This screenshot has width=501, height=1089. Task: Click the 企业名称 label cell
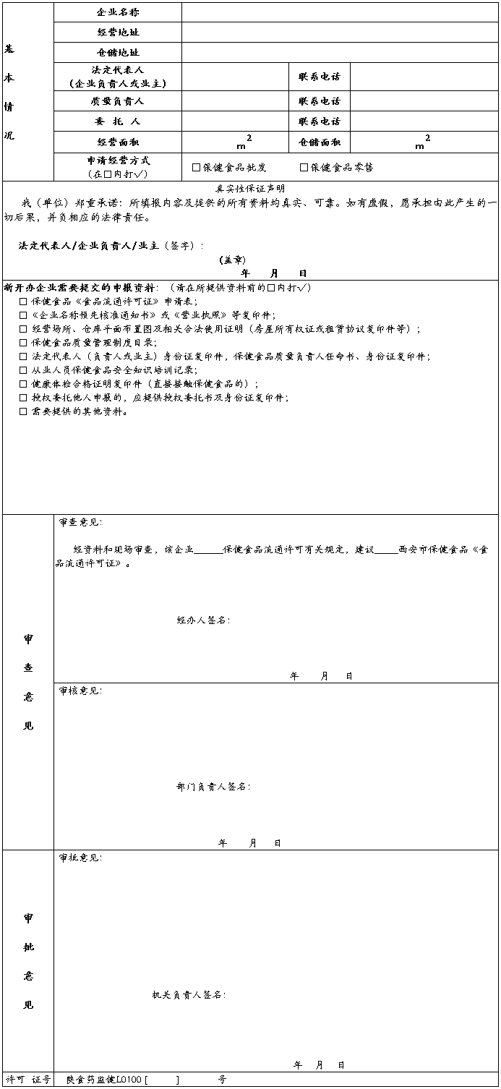[x=118, y=12]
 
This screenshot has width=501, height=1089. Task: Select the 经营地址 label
[x=118, y=33]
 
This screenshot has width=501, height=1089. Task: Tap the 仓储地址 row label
[x=118, y=53]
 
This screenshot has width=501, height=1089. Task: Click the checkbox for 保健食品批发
[x=196, y=167]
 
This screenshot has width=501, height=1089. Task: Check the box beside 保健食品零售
[x=304, y=167]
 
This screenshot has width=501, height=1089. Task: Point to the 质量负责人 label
[x=118, y=101]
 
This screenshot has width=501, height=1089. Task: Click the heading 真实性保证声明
[x=250, y=188]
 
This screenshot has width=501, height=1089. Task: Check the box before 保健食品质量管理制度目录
[x=23, y=343]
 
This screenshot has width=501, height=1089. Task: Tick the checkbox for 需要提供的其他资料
[x=23, y=411]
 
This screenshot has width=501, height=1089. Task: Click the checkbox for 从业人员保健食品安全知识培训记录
[x=23, y=370]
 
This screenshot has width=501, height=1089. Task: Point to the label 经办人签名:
[x=203, y=620]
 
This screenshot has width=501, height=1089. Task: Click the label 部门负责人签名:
[x=213, y=787]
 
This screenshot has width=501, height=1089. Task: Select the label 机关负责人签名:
[x=189, y=995]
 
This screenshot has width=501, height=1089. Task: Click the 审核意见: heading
[x=80, y=691]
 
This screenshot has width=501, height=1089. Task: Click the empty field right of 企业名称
[x=339, y=12]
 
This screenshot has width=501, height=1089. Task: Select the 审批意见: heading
[x=80, y=858]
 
